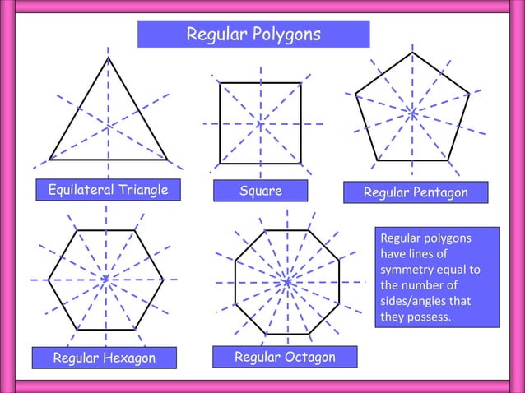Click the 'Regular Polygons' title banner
(253, 35)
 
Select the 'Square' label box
(260, 192)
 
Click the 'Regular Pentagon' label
(416, 192)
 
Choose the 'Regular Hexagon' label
(104, 358)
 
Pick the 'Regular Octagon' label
(285, 357)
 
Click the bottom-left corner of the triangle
(49, 160)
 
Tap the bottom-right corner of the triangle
(167, 160)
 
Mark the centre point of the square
(260, 123)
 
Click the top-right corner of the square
(300, 83)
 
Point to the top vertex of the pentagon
(413, 53)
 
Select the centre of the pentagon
(413, 113)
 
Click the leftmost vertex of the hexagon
(48, 280)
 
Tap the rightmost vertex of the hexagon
(163, 280)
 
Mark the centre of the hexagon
(105, 280)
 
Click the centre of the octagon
(287, 282)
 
